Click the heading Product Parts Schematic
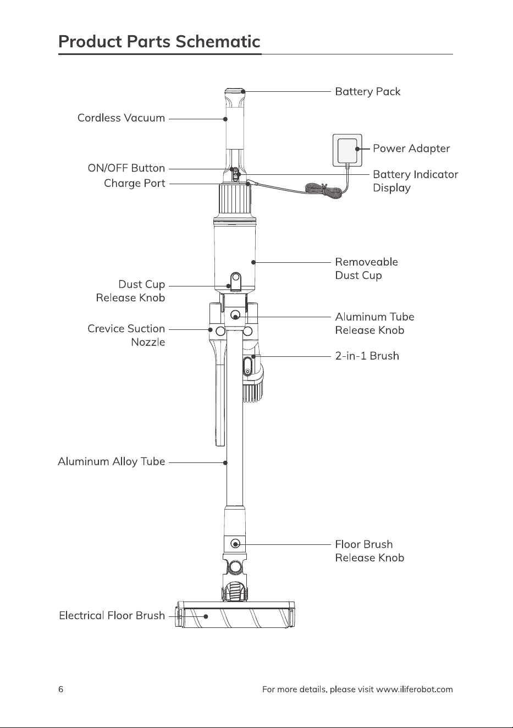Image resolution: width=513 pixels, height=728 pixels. click(x=159, y=42)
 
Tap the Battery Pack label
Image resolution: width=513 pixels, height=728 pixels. click(x=368, y=92)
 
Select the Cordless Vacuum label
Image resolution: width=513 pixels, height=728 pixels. click(x=122, y=118)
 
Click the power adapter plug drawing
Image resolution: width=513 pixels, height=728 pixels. click(x=347, y=151)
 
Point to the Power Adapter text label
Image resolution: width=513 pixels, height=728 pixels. click(x=411, y=148)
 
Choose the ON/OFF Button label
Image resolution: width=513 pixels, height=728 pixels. click(x=126, y=168)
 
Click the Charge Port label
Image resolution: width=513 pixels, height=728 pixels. click(x=135, y=184)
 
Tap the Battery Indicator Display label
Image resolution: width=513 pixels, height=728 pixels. click(x=416, y=181)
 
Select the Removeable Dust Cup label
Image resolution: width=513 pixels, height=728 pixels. click(x=366, y=269)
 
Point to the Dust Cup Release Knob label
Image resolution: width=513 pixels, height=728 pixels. click(x=131, y=291)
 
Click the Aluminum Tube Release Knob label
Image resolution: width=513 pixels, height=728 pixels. click(x=375, y=324)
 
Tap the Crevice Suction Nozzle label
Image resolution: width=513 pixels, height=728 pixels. click(x=126, y=335)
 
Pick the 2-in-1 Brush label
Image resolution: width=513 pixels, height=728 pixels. click(x=367, y=356)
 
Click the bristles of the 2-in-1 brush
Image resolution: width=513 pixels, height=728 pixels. click(x=253, y=393)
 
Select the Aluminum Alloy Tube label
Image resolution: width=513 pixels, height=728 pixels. click(x=112, y=462)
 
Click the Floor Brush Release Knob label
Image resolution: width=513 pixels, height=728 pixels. click(x=369, y=551)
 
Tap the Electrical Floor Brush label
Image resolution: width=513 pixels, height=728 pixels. click(x=112, y=615)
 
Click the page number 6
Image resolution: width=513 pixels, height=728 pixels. click(x=61, y=690)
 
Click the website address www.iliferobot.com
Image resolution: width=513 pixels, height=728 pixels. click(x=415, y=690)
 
